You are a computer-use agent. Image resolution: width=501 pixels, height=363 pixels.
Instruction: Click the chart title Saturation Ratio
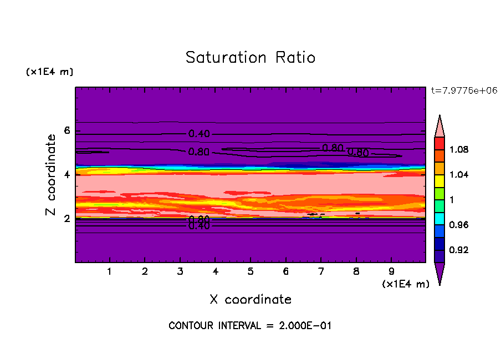click(x=250, y=58)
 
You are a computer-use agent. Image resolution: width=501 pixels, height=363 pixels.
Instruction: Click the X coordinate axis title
click(x=250, y=300)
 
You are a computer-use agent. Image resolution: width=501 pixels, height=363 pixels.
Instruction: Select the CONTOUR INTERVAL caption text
click(x=249, y=326)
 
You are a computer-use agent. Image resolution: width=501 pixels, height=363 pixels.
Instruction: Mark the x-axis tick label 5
click(x=250, y=272)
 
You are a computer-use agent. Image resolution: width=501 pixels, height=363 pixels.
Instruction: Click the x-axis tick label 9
click(x=391, y=272)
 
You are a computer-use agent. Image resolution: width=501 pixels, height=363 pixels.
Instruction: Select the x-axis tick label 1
click(x=110, y=272)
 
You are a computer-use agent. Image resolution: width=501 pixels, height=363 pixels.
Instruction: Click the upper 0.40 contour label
click(x=199, y=134)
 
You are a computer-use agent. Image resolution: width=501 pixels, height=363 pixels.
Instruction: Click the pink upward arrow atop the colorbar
click(x=439, y=125)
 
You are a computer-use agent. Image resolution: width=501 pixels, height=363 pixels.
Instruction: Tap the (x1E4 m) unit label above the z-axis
click(x=49, y=72)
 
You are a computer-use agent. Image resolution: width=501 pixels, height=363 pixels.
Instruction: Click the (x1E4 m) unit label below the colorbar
click(x=406, y=284)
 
